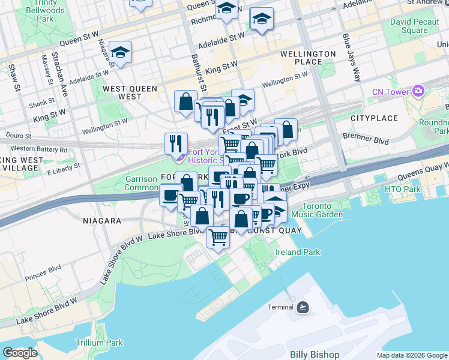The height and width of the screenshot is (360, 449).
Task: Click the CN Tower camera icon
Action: coord(418,92)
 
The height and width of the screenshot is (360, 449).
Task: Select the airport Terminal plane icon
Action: coord(303,308)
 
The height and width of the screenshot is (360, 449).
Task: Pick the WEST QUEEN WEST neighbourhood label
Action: coord(130,92)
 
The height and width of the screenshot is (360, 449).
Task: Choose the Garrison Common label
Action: coord(141,183)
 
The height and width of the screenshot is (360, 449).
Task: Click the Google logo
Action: coord(20,353)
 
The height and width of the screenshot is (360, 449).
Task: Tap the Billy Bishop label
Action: coord(314,355)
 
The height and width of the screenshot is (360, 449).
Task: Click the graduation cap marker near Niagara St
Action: coord(121,53)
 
